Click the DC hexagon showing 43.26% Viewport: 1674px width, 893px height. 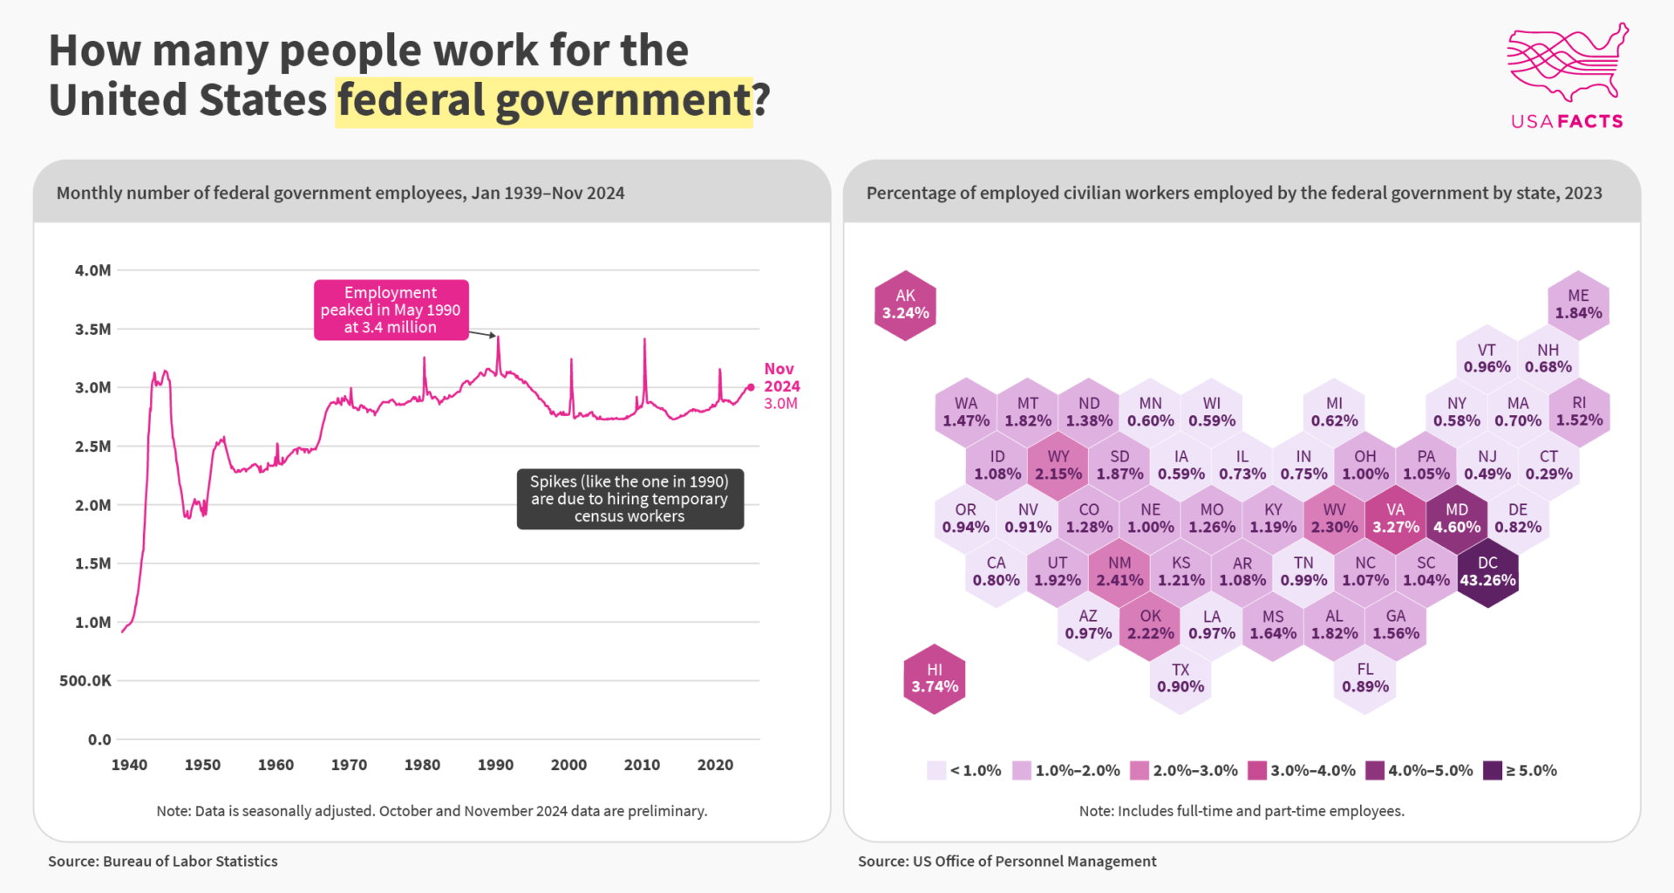(x=1487, y=572)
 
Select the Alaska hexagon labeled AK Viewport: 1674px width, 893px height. (x=905, y=305)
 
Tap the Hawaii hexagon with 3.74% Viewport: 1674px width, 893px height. (x=935, y=678)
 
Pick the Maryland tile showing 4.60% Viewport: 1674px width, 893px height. (x=1457, y=519)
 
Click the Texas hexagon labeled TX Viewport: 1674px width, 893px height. (x=1181, y=678)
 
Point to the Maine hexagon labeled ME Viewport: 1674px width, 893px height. (x=1578, y=305)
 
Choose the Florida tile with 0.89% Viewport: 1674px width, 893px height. (x=1364, y=678)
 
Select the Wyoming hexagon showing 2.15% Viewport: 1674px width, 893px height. (x=1058, y=466)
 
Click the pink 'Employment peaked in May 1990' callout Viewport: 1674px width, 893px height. (x=391, y=310)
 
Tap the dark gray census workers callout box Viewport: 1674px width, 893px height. (x=629, y=499)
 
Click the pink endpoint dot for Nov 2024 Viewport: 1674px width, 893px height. (x=751, y=387)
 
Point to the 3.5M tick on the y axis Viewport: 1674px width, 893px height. (x=93, y=329)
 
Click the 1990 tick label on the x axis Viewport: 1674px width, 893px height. (x=495, y=765)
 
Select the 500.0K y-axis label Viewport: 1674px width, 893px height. (x=85, y=680)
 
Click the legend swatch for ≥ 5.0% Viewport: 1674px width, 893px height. (x=1493, y=770)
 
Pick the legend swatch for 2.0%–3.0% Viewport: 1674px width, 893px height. (x=1139, y=770)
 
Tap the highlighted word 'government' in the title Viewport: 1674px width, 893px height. (x=623, y=100)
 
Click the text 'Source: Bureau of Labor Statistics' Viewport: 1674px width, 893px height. (x=163, y=861)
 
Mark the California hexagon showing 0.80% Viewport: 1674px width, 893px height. (x=997, y=572)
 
